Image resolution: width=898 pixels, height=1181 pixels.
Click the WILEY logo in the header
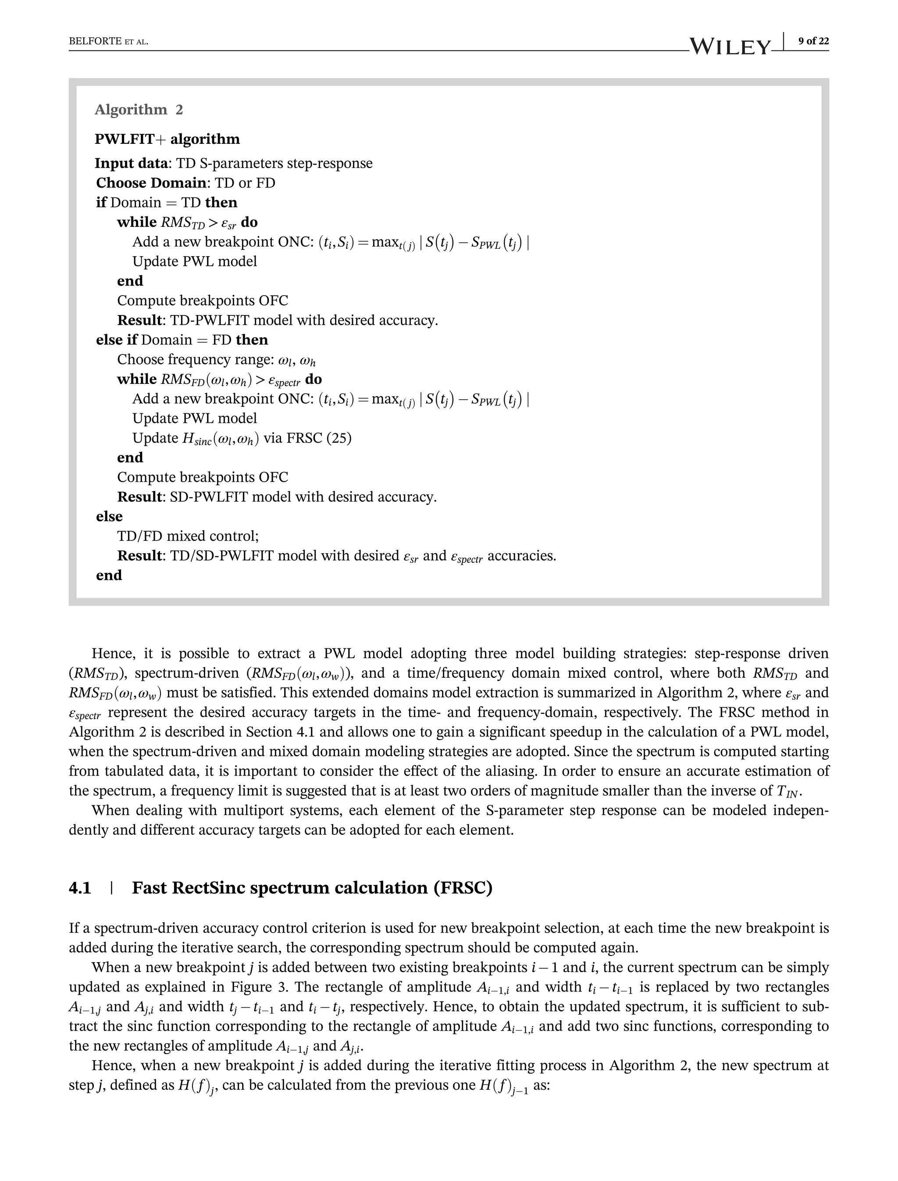pos(730,47)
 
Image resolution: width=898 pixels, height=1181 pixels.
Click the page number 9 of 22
pos(813,41)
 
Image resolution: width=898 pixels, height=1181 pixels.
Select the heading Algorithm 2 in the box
pos(139,110)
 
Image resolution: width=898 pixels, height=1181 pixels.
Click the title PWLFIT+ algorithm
pos(167,139)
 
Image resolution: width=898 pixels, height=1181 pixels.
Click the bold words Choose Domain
pos(151,183)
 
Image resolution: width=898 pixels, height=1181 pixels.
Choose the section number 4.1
pos(80,888)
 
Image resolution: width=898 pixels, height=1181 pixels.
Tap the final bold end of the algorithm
pos(109,575)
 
